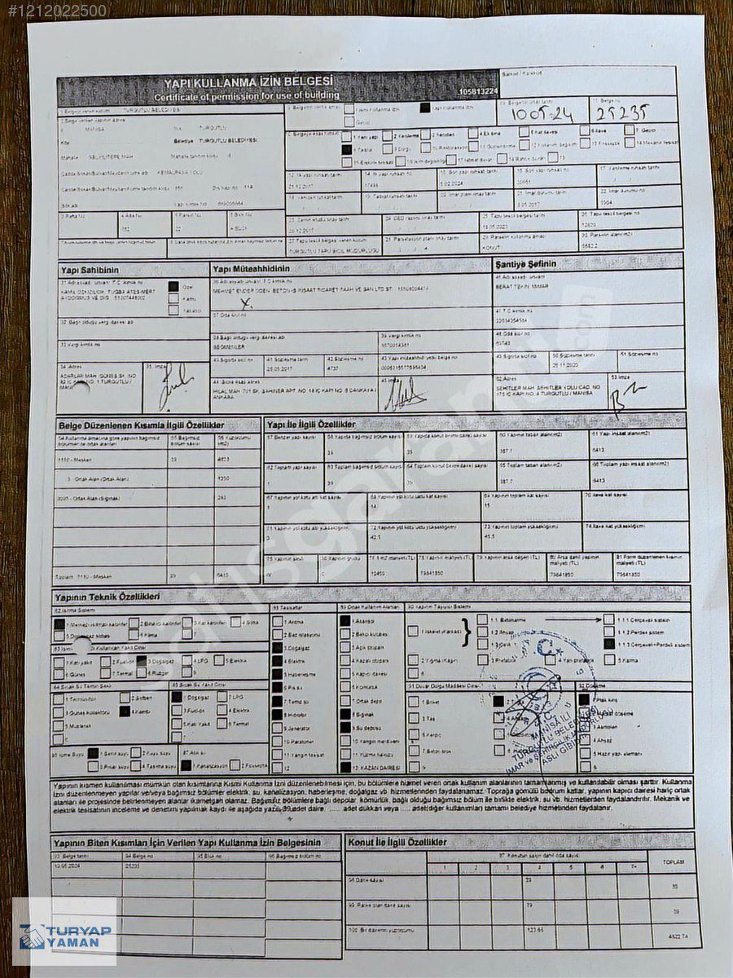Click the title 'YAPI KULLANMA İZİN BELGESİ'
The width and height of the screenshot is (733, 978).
click(x=248, y=82)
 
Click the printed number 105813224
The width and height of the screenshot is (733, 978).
click(x=478, y=92)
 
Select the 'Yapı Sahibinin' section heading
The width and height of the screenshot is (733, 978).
click(x=90, y=270)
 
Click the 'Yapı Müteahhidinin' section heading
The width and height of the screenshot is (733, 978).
click(x=251, y=270)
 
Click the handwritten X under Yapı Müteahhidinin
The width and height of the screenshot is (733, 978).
click(x=247, y=303)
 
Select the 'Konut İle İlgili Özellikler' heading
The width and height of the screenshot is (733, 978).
click(x=397, y=842)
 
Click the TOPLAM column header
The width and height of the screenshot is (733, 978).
click(x=674, y=861)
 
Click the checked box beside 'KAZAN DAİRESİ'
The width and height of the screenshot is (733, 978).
click(x=345, y=767)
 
